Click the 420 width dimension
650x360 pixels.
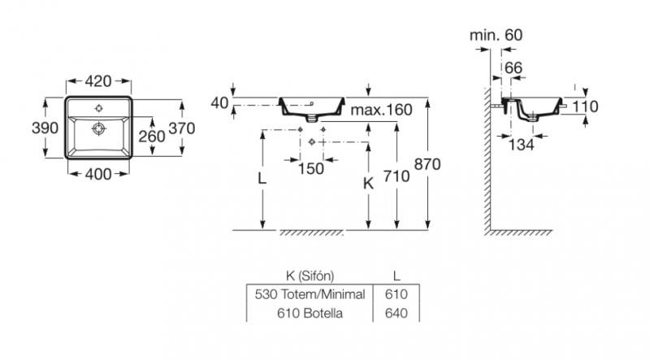click(98, 81)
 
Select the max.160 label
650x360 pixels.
click(383, 110)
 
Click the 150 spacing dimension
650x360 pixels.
click(311, 168)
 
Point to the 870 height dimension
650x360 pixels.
click(427, 165)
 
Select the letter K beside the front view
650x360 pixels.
click(367, 184)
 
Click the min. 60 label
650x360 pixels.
click(496, 35)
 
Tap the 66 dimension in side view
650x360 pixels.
click(513, 67)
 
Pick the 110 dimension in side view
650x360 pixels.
click(586, 106)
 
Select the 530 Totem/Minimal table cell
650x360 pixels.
click(309, 294)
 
